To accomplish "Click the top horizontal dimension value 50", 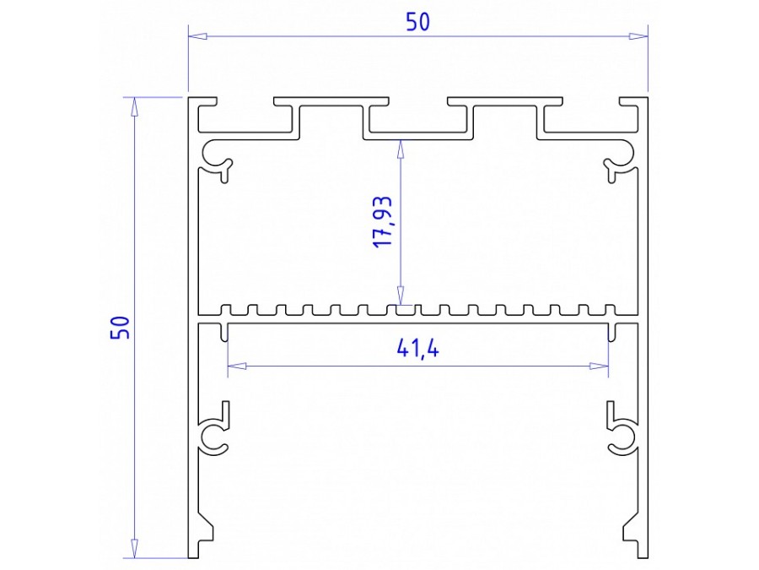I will (x=418, y=22).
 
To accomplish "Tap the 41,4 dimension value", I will (x=417, y=347).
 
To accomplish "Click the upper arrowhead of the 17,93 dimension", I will (x=401, y=146).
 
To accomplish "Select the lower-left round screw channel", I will (x=214, y=436).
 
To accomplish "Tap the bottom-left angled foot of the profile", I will (x=205, y=535).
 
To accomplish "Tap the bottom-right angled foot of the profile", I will (x=632, y=535).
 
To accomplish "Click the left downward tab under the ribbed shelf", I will (x=225, y=330).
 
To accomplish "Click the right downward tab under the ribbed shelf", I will (x=611, y=330).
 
